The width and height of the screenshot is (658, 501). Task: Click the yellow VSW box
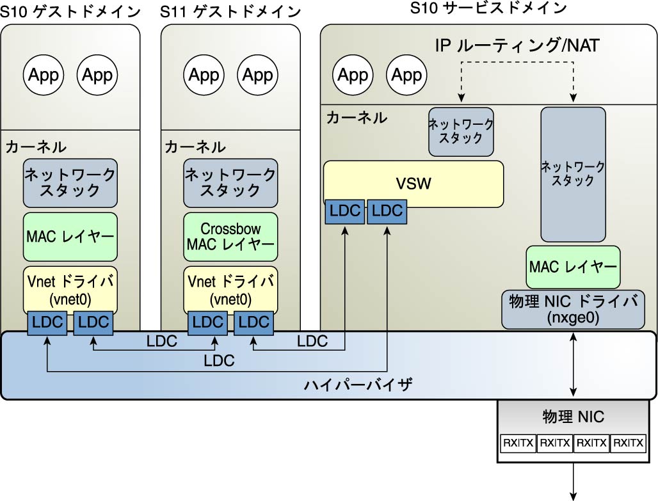click(x=413, y=184)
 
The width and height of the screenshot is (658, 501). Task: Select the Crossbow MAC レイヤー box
click(x=230, y=236)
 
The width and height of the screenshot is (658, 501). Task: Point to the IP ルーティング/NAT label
click(x=517, y=46)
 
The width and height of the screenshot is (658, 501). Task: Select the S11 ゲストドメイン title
click(x=230, y=11)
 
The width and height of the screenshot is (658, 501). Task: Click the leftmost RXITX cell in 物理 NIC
click(x=518, y=442)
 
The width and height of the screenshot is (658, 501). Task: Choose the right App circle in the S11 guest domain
click(x=258, y=76)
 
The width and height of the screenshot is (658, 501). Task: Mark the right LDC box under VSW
click(x=387, y=212)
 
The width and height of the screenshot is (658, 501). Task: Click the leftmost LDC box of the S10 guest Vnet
click(x=47, y=322)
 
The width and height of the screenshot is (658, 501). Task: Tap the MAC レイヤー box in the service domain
click(x=573, y=267)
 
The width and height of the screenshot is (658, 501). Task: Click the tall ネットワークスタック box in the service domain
click(x=573, y=174)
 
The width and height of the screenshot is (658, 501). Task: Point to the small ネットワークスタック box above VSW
click(x=461, y=132)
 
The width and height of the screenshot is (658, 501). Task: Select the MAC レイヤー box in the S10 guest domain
click(x=70, y=236)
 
